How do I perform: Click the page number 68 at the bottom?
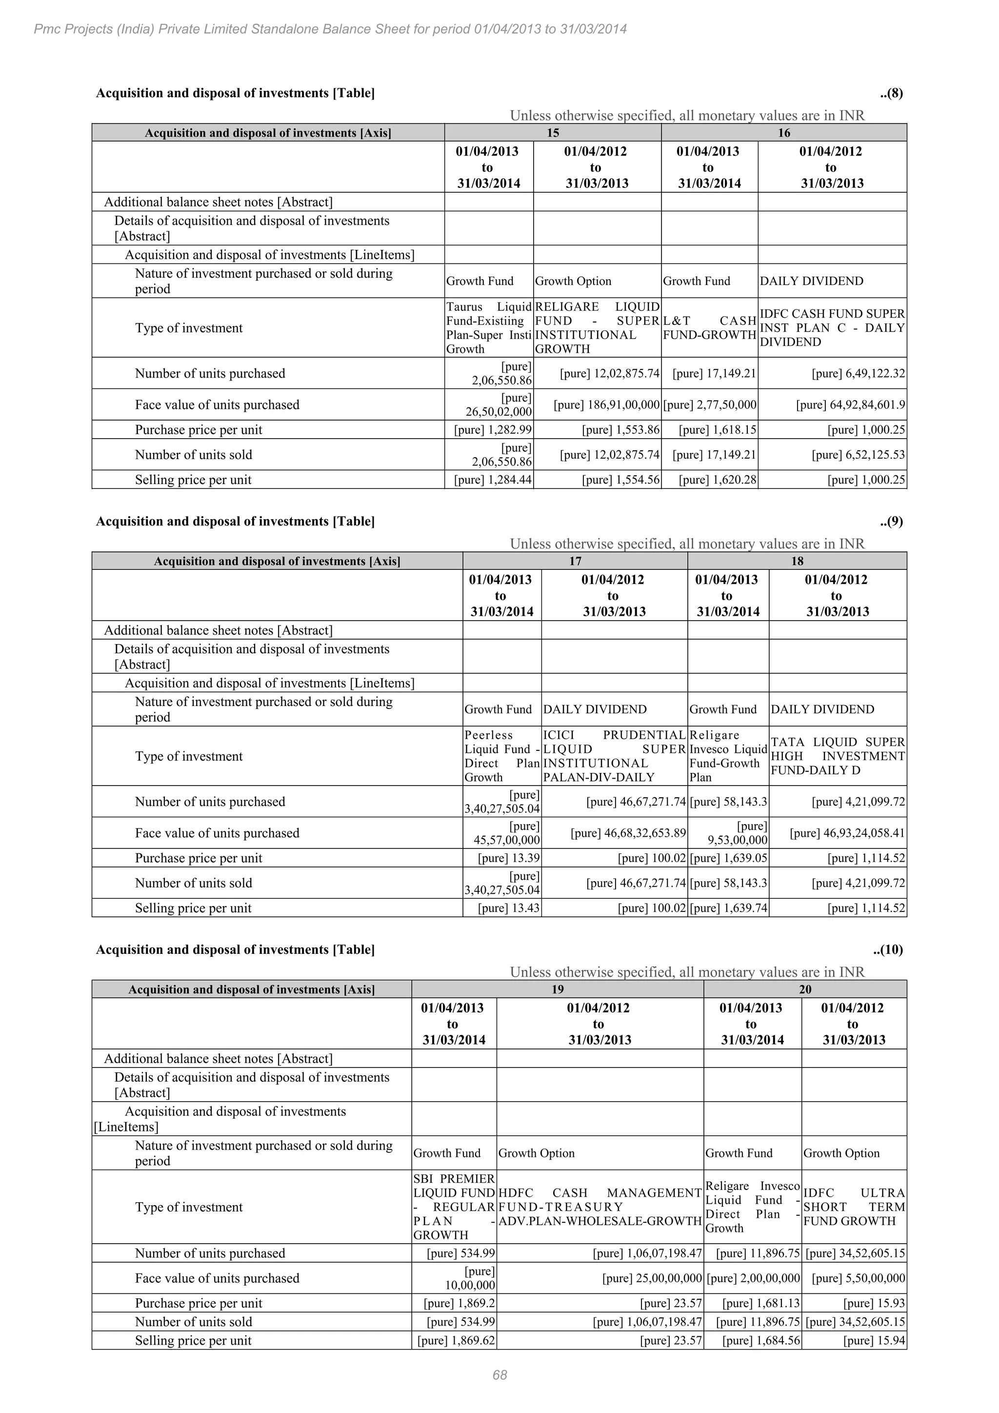[x=499, y=1375]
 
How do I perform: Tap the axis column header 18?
[x=797, y=561]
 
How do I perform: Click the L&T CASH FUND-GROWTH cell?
[x=709, y=328]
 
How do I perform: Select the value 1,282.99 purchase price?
[x=493, y=430]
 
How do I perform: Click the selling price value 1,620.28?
[x=717, y=480]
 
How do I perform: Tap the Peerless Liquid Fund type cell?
[x=501, y=756]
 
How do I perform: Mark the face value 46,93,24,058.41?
[x=847, y=833]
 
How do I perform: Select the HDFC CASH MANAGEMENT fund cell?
[x=600, y=1207]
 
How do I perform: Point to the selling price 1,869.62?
[x=456, y=1340]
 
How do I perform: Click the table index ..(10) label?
[x=888, y=949]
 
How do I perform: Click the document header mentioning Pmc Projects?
[x=330, y=29]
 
